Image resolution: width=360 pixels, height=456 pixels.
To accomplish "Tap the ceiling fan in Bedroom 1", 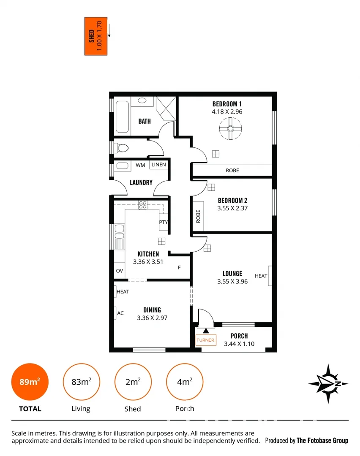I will pyautogui.click(x=231, y=129).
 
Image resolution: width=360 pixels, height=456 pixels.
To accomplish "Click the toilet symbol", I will pyautogui.click(x=123, y=148).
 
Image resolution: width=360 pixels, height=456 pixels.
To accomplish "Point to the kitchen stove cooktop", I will pyautogui.click(x=143, y=205).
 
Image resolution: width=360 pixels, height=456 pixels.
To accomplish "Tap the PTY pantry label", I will pyautogui.click(x=164, y=223).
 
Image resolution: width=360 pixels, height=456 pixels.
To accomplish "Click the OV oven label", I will pyautogui.click(x=119, y=271).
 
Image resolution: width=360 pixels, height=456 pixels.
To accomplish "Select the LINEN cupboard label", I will pyautogui.click(x=158, y=165).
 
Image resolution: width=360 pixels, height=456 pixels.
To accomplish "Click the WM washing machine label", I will pyautogui.click(x=140, y=165).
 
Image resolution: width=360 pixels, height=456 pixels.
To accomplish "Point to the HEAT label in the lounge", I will pyautogui.click(x=261, y=276).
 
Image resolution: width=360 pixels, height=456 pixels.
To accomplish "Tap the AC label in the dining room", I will pyautogui.click(x=120, y=313).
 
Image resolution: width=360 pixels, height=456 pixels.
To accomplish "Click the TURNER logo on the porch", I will pyautogui.click(x=206, y=340).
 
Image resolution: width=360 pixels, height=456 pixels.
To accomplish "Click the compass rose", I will pyautogui.click(x=328, y=383).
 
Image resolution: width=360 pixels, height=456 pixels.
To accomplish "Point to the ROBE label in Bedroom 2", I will pyautogui.click(x=198, y=217).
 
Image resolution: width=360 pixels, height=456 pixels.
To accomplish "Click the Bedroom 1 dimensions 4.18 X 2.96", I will pyautogui.click(x=227, y=112).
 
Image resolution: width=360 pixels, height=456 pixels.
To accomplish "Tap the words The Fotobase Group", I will pyautogui.click(x=322, y=440).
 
